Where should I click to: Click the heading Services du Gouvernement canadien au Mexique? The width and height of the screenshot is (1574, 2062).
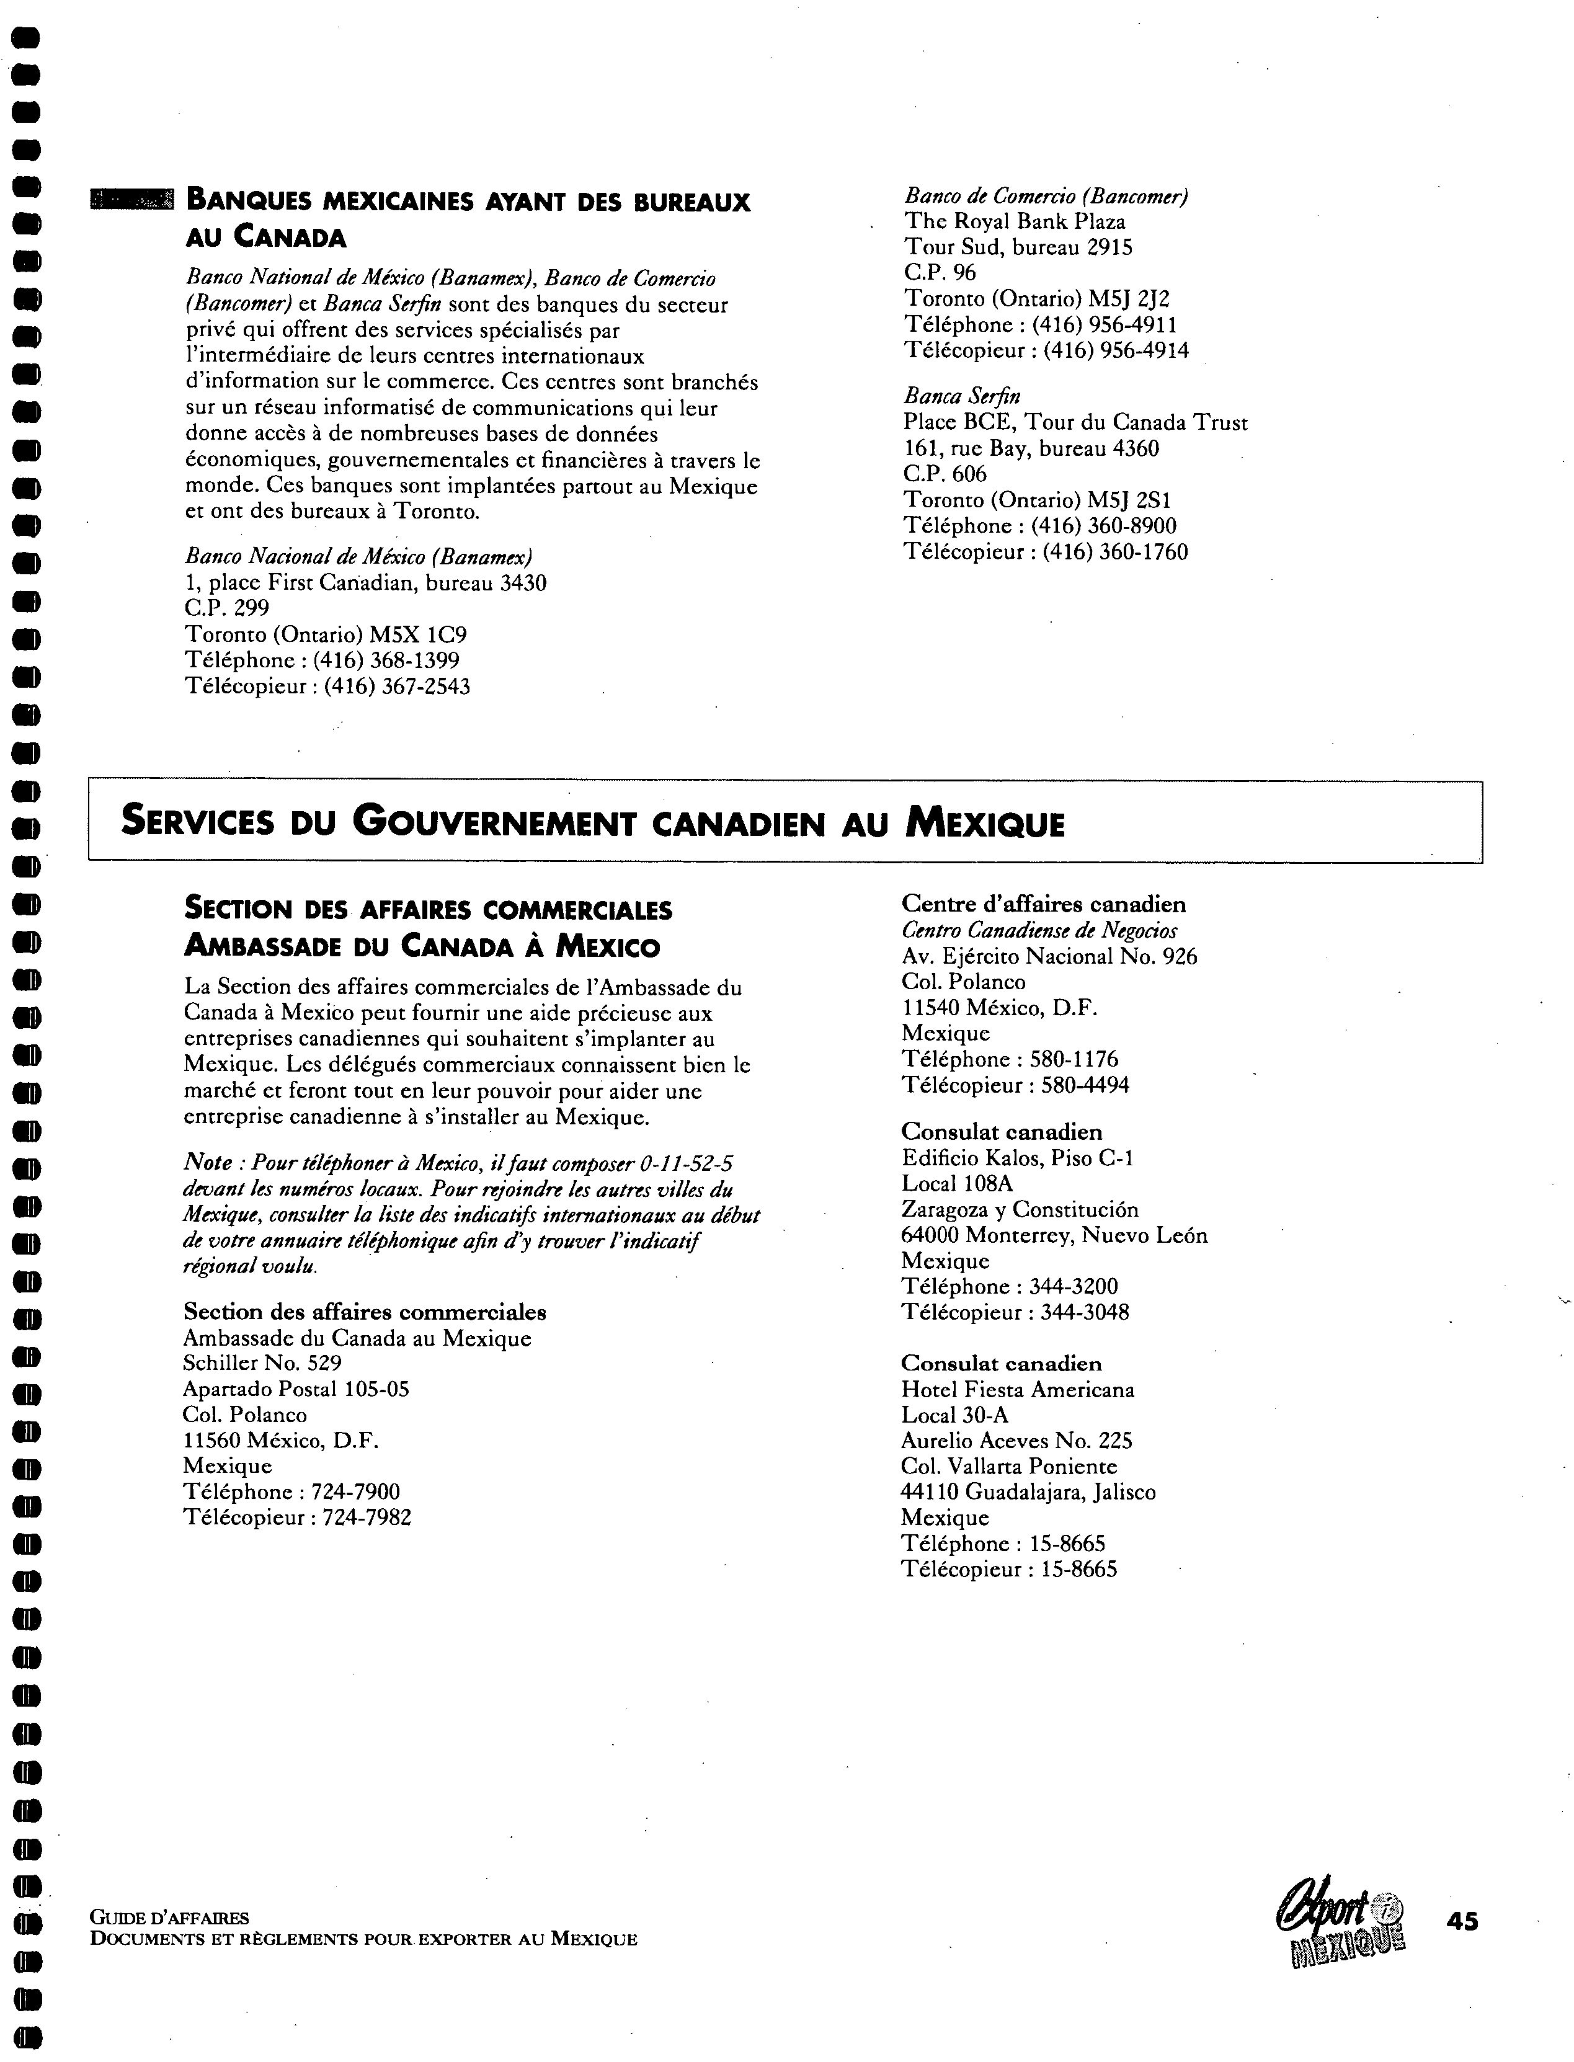tap(593, 822)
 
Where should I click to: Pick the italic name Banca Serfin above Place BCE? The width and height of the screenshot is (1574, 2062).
tap(961, 396)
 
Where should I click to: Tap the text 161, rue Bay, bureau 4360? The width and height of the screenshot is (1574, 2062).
tap(1031, 449)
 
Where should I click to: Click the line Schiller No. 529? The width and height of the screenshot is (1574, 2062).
tap(262, 1363)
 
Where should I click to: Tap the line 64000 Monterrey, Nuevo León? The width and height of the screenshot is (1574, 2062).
tap(1054, 1236)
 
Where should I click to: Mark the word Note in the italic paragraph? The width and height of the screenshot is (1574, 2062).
tap(208, 1163)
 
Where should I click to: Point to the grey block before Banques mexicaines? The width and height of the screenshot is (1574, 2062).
tap(131, 200)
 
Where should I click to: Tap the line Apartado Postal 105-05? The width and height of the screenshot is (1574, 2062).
tap(296, 1389)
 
